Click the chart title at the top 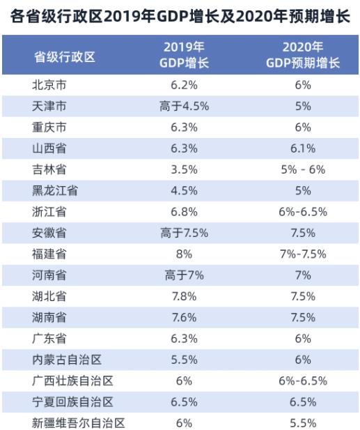180,17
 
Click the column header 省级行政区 65,57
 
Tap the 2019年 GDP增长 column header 184,55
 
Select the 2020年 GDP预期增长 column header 303,55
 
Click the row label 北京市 49,85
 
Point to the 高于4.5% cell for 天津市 184,106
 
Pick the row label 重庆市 49,128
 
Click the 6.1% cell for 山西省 303,148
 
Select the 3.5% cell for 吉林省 184,169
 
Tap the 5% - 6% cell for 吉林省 303,169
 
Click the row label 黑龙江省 55,190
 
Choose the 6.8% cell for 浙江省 184,212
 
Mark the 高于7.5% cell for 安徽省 184,233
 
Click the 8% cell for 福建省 184,254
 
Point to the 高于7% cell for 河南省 184,275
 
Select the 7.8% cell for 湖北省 184,296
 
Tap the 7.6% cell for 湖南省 184,317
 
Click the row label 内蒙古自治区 67,360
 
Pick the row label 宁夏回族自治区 72,401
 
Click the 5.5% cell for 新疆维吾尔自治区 303,423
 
